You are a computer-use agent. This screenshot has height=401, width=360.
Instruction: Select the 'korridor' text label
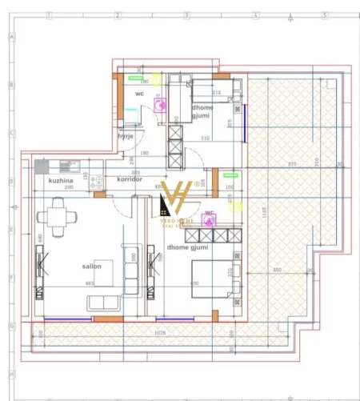(129, 180)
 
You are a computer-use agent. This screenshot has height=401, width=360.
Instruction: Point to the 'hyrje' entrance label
(126, 137)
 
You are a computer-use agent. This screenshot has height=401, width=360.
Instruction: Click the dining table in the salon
(54, 216)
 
